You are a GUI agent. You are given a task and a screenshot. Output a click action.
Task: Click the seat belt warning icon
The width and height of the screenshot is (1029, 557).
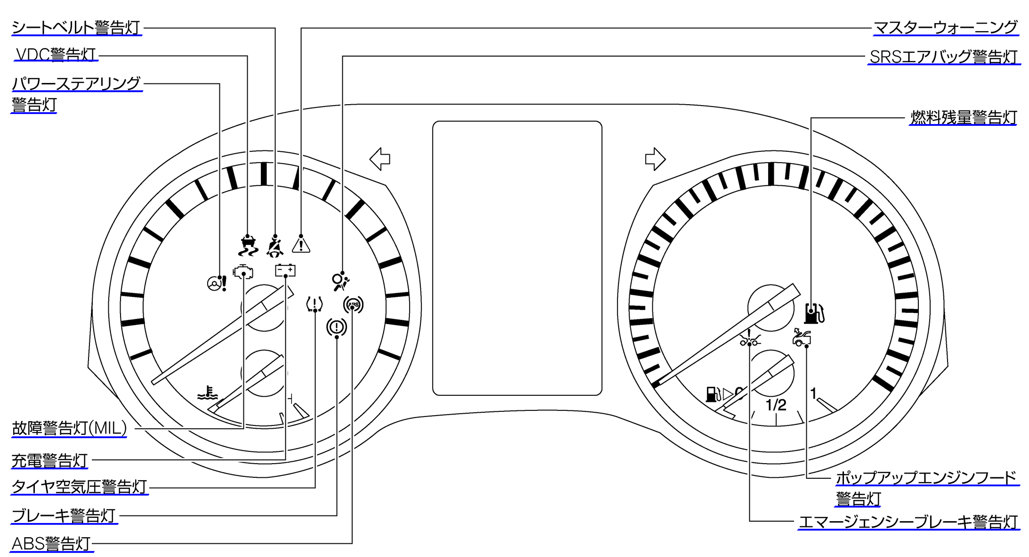click(x=275, y=246)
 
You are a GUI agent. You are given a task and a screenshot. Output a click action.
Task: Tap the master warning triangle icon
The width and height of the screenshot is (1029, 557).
click(x=301, y=245)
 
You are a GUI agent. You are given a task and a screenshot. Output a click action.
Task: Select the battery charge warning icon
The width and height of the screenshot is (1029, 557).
click(x=285, y=270)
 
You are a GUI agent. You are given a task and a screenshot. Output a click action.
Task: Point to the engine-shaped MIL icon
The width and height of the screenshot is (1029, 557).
click(x=243, y=272)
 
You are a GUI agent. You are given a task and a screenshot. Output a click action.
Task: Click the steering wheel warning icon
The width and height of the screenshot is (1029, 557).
click(x=217, y=283)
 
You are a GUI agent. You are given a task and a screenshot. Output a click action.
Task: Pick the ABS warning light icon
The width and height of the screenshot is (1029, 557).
click(x=353, y=305)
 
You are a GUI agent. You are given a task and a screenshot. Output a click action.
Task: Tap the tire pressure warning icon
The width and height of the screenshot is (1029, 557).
click(x=314, y=304)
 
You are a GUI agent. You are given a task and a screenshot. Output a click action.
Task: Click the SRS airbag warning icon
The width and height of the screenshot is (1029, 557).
click(x=340, y=281)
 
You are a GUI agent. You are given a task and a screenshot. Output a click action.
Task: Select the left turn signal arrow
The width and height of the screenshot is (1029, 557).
click(x=380, y=159)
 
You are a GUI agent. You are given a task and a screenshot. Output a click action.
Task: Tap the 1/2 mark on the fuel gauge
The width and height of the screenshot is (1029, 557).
click(x=776, y=405)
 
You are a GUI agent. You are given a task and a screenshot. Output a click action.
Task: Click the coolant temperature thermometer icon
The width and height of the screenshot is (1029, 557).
click(x=208, y=393)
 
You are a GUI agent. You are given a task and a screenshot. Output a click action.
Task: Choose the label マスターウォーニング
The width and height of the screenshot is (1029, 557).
click(x=946, y=27)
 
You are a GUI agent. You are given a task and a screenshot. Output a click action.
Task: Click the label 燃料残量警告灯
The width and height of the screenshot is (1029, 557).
click(x=963, y=117)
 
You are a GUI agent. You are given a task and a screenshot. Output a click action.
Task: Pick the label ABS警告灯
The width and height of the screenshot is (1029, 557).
click(x=51, y=543)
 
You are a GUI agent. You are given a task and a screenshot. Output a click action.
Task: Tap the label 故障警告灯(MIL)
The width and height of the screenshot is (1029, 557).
click(x=69, y=428)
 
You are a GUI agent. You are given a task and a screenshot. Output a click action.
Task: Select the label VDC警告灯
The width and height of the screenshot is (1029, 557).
click(x=56, y=55)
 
